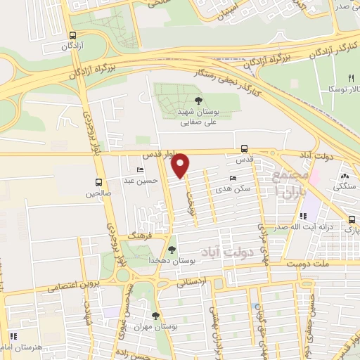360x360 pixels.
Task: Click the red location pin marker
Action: (181, 165)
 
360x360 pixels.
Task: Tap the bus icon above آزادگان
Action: (73, 35)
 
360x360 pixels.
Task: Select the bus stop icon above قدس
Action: (244, 148)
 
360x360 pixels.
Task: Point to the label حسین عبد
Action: (139, 180)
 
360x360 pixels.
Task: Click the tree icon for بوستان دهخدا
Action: (173, 250)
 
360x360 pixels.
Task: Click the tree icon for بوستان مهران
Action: (155, 316)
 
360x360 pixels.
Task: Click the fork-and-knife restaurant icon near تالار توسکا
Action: (351, 78)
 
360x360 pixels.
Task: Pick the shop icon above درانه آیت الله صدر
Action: (303, 217)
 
